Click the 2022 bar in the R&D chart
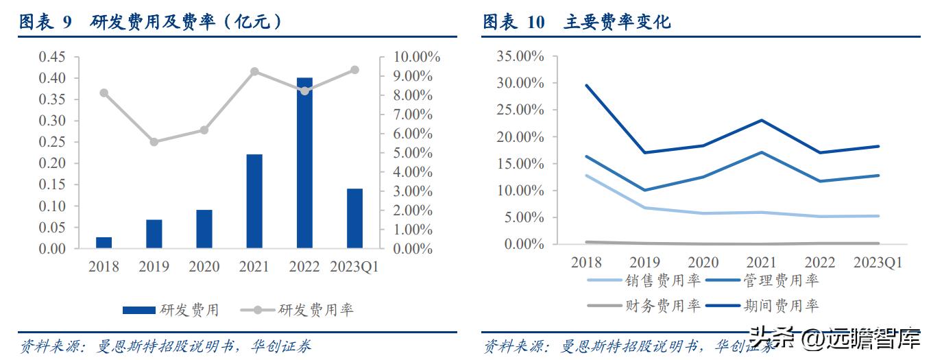(x=304, y=163)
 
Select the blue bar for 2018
(x=104, y=242)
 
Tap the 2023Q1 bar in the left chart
(x=354, y=218)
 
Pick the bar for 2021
(x=254, y=201)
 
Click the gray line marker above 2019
(x=154, y=142)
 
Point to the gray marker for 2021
(x=254, y=71)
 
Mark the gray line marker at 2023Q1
(x=354, y=70)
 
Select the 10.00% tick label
(x=415, y=57)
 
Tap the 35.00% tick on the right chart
(x=520, y=57)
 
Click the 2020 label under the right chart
(x=703, y=263)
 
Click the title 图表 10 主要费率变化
(x=577, y=23)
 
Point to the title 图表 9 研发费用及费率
(x=150, y=23)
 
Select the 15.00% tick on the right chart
(x=520, y=164)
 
